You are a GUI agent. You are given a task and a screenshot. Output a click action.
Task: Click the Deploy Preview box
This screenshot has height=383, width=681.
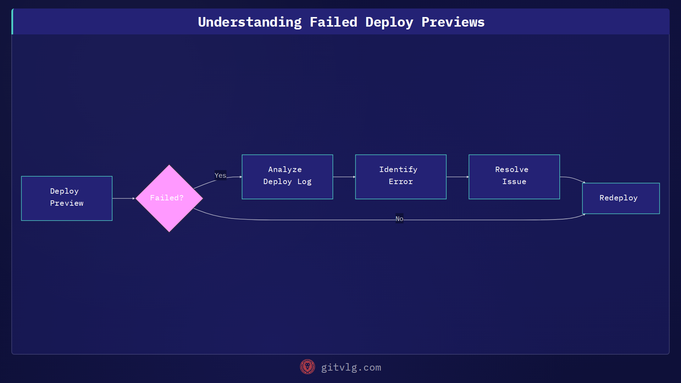[67, 198]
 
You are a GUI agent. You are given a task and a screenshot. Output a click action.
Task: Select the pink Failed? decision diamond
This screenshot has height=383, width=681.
[169, 198]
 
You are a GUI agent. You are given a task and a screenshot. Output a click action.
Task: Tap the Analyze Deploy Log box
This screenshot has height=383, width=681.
[287, 177]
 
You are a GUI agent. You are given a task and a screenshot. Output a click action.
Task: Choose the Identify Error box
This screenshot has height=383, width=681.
[401, 177]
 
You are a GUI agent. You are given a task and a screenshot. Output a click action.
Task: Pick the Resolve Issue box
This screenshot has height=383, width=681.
[514, 177]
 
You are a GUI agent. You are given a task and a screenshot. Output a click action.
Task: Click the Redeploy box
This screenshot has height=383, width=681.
[621, 198]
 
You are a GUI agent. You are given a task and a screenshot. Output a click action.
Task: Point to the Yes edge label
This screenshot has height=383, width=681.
[220, 175]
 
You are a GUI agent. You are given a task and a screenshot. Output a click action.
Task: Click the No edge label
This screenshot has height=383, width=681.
[399, 219]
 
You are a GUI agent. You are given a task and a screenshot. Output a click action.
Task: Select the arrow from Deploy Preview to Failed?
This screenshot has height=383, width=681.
[123, 198]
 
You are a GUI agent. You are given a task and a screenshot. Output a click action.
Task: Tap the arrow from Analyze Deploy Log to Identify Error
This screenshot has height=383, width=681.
[344, 177]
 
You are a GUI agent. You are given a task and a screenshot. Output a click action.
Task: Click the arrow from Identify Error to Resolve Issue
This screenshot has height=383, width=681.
[458, 177]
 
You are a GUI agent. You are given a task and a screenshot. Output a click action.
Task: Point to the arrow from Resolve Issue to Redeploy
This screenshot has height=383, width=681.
[572, 179]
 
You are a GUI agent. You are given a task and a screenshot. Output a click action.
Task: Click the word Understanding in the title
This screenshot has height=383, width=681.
[250, 22]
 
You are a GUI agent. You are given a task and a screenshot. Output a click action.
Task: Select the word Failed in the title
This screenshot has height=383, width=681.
[333, 22]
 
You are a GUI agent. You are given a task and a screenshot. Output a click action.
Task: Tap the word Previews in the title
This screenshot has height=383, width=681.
[453, 22]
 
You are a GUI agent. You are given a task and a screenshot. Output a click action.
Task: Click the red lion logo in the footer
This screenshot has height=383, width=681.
[308, 367]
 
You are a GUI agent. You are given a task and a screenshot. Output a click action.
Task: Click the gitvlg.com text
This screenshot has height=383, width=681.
[351, 367]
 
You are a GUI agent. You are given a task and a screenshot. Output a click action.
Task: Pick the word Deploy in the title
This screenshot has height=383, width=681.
[389, 22]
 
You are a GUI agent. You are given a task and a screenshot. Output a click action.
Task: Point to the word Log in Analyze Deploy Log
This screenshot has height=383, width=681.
[304, 182]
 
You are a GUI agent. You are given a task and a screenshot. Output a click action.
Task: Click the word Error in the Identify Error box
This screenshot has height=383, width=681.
[401, 182]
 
